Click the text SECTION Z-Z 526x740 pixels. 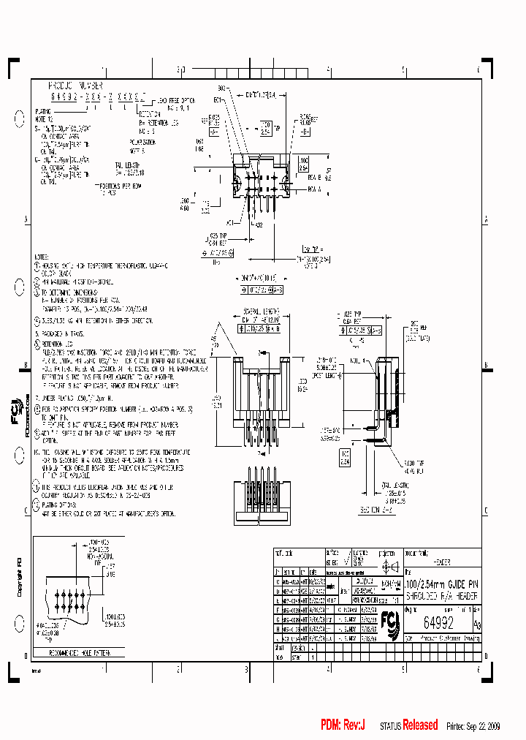[x=378, y=509]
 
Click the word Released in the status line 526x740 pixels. [x=420, y=725]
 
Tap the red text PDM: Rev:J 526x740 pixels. [x=343, y=725]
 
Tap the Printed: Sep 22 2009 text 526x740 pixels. [x=485, y=725]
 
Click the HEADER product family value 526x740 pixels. [x=442, y=563]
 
